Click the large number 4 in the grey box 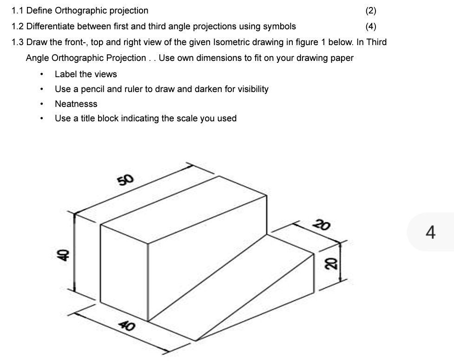(430, 231)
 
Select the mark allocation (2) (371, 11)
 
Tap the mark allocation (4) (371, 26)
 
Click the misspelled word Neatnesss (76, 104)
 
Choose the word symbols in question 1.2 (279, 26)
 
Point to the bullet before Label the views (42, 74)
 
